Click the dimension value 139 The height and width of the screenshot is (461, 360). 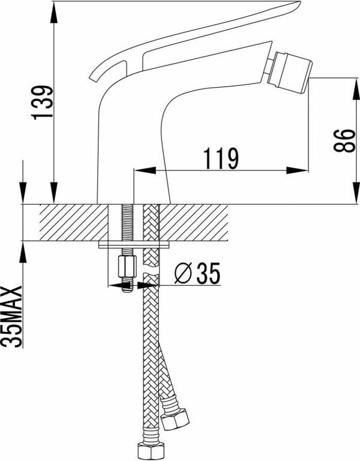click(x=43, y=102)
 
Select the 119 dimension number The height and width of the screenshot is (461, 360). click(x=221, y=158)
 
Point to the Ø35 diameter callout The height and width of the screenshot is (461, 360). click(x=197, y=273)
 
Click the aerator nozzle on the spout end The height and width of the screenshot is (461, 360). click(x=290, y=72)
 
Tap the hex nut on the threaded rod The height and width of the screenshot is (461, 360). click(x=127, y=267)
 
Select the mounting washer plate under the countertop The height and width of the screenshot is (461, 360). click(x=134, y=245)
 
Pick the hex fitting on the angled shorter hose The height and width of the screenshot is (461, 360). click(x=175, y=418)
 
